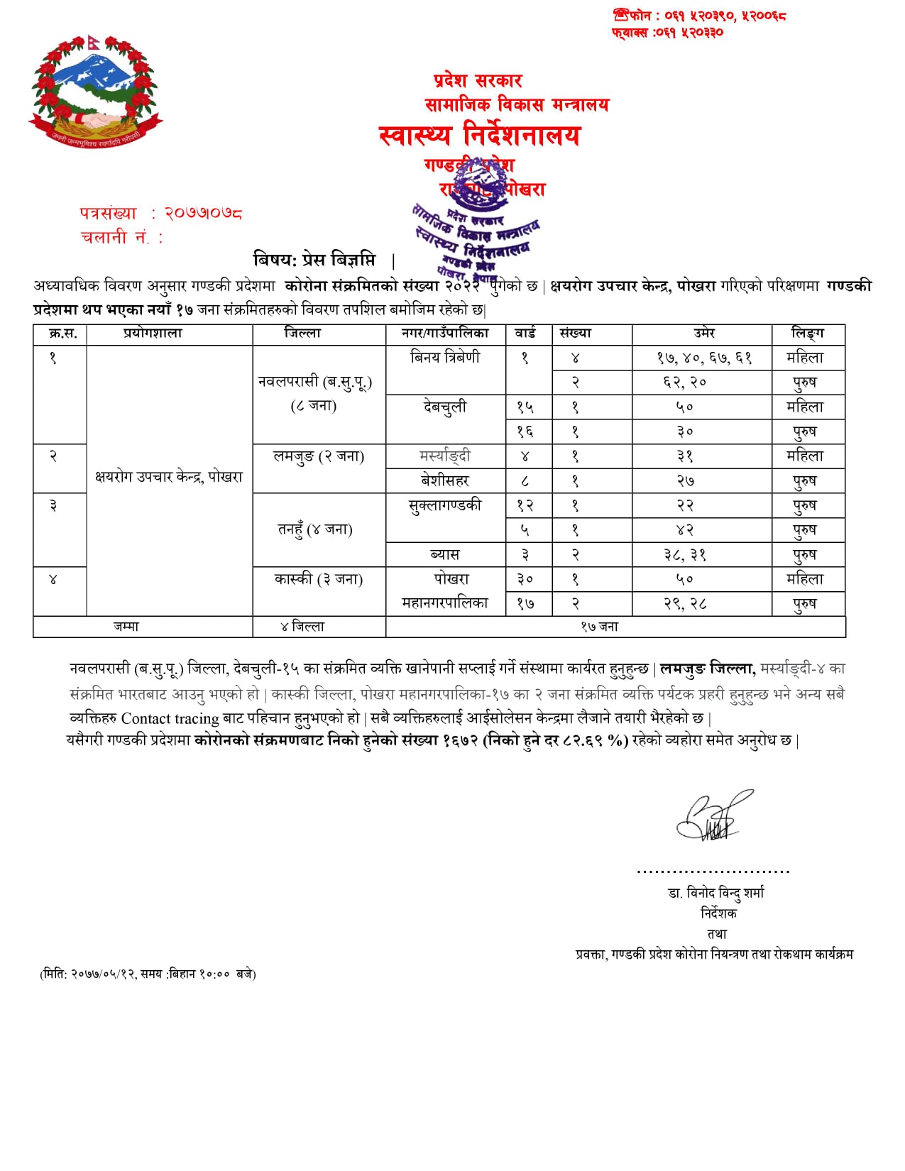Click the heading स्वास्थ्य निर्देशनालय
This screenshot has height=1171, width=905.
pos(479,135)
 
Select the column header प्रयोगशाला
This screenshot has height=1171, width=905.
pos(153,333)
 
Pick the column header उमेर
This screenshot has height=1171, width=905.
pos(703,333)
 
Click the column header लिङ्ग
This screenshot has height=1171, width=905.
pos(807,333)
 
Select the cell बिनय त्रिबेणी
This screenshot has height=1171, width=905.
pos(445,358)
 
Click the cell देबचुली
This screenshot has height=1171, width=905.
pos(445,407)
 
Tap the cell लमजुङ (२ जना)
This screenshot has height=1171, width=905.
pos(319,456)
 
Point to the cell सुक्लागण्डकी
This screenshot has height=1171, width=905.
pos(445,505)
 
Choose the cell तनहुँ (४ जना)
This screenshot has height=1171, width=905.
pos(314,529)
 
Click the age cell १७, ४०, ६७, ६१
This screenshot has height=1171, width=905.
pos(703,358)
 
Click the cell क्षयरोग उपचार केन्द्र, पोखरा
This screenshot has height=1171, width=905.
pos(169,477)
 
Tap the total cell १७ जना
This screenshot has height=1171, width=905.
pos(599,627)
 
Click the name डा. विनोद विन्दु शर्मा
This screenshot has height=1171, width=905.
pos(715,893)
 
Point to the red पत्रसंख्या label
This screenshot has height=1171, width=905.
pos(108,213)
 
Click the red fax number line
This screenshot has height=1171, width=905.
pos(667,32)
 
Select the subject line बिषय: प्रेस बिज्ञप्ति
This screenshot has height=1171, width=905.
pos(314,260)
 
